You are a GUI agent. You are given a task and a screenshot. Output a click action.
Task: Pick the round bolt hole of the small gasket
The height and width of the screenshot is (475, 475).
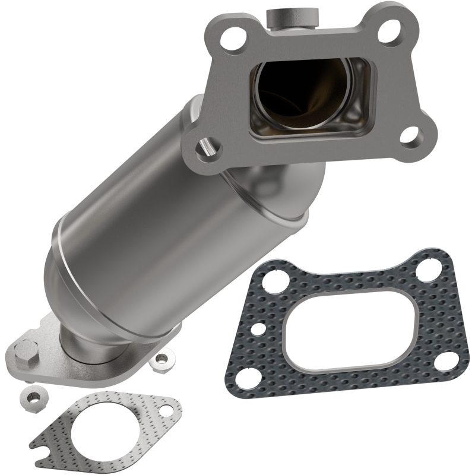(x=166, y=409)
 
